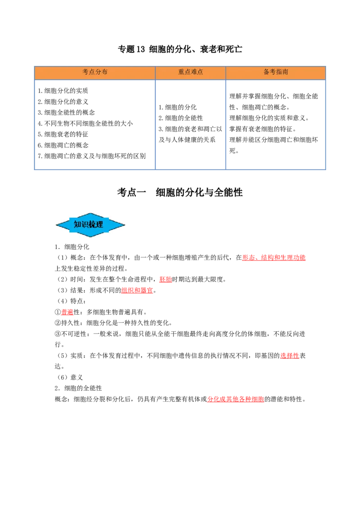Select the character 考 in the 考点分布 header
tap(85, 72)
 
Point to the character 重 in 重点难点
tap(181, 72)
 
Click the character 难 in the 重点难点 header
tap(194, 72)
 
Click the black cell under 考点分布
tap(94, 125)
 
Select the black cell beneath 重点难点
tap(191, 125)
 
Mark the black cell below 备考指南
tap(275, 125)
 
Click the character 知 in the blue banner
tap(77, 224)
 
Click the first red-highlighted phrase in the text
tap(274, 258)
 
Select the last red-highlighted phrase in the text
tap(236, 399)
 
